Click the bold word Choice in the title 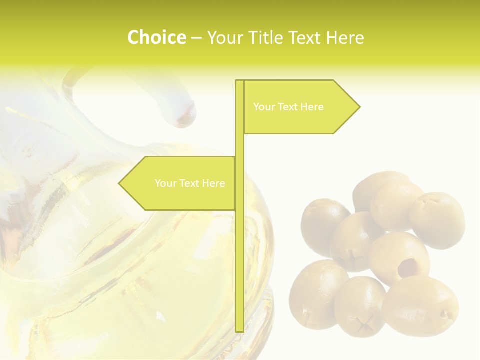pos(156,37)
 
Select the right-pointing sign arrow pos(300,107)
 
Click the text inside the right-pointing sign pos(288,107)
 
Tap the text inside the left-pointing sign pos(190,183)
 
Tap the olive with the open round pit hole pos(400,257)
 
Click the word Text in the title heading pos(307,37)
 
